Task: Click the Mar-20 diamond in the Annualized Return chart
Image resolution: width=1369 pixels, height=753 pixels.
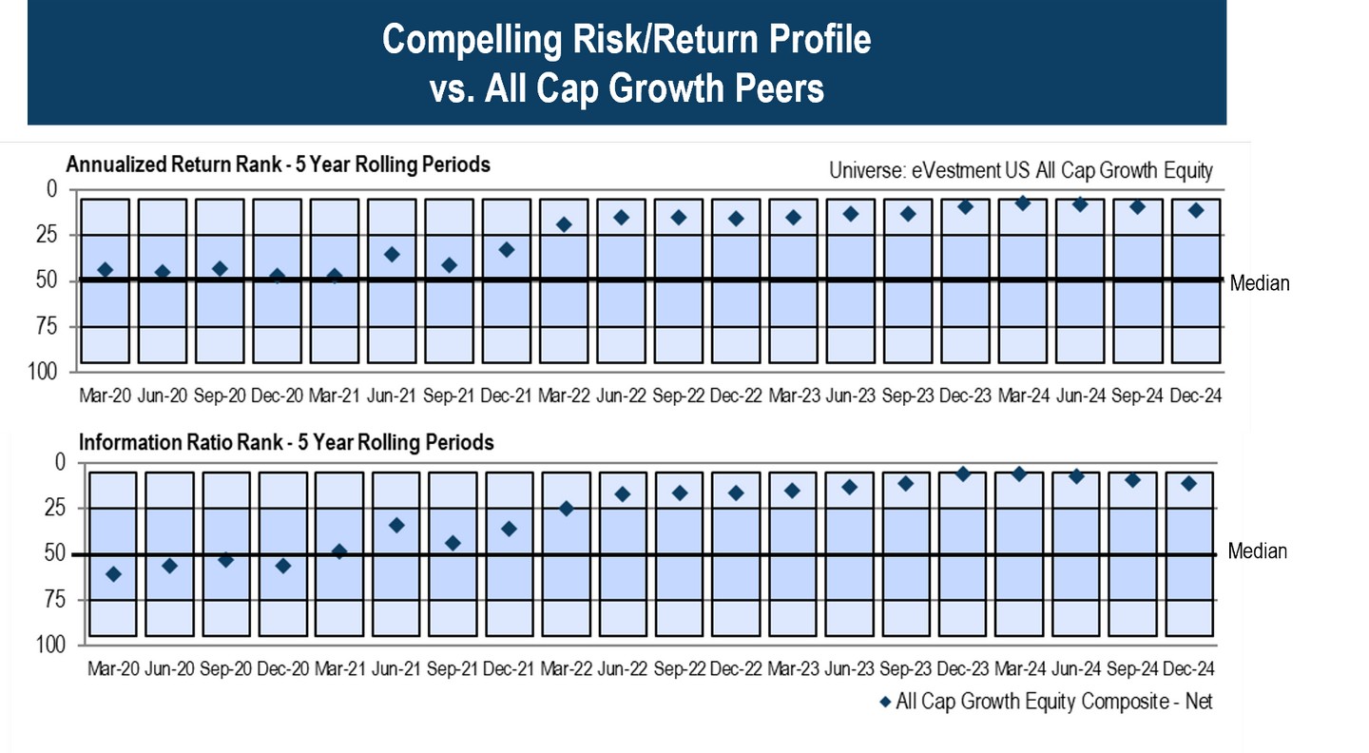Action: point(105,270)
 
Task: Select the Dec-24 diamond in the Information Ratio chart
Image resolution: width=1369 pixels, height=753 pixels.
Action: point(1188,483)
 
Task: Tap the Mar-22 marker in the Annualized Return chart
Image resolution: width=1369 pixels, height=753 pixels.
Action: point(564,224)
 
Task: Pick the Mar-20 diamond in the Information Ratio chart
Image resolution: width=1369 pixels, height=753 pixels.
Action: point(113,573)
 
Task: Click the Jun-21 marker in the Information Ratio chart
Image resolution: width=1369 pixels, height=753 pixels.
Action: point(396,525)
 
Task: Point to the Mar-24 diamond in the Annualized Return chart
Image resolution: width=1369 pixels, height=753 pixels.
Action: point(1022,203)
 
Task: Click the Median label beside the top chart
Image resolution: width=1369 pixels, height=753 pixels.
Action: point(1260,283)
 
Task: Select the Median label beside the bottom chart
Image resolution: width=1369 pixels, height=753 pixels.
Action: point(1257,551)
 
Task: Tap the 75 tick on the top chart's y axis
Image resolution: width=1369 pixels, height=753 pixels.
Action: point(45,326)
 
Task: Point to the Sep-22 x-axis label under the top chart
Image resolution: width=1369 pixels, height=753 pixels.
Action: point(678,396)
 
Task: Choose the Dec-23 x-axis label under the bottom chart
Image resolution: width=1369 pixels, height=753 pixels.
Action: point(966,668)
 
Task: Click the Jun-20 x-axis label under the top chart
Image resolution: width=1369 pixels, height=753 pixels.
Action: point(162,396)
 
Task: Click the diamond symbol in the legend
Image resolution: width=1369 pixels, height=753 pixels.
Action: point(885,702)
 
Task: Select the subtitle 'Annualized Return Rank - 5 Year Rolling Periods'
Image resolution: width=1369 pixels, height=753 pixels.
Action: point(278,164)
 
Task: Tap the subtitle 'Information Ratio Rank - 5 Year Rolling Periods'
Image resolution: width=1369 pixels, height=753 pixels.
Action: point(286,442)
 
